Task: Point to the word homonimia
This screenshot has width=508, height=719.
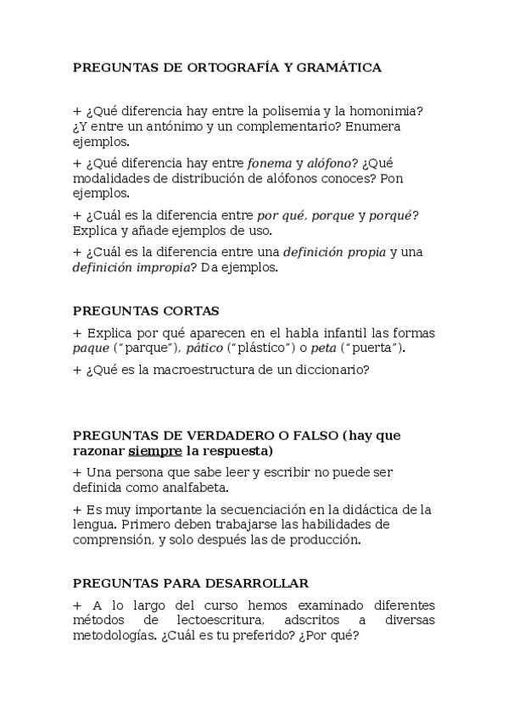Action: pos(391,111)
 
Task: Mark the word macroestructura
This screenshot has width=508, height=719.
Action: pos(198,369)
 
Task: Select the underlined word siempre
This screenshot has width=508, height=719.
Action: pos(155,450)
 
